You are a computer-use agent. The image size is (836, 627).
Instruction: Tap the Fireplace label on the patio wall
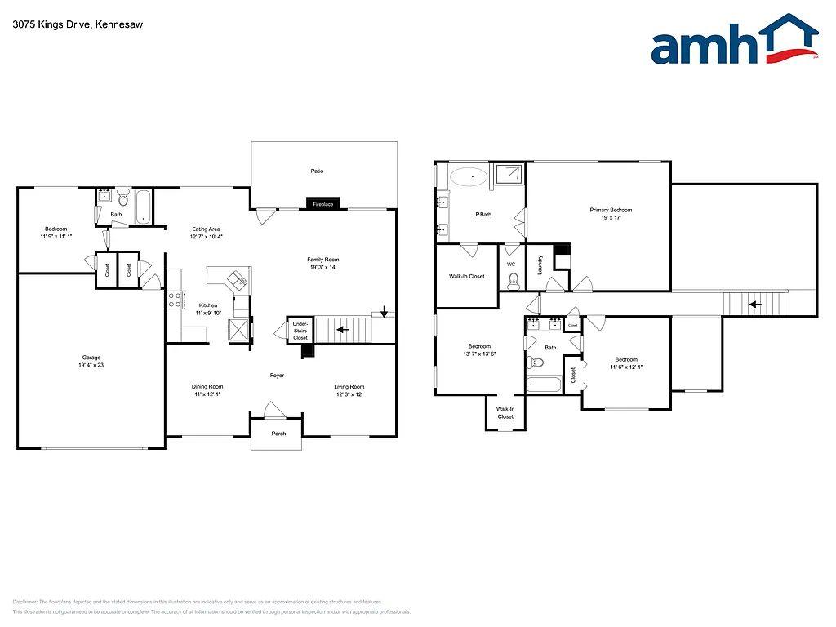[323, 204]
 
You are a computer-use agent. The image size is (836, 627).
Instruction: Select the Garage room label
[91, 357]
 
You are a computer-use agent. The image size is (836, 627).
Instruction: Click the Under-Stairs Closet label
[300, 331]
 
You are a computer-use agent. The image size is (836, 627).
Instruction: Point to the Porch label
[279, 434]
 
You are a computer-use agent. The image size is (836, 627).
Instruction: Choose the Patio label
[317, 171]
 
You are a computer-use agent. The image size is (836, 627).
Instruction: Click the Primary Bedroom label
[611, 210]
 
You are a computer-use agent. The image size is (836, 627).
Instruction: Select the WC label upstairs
[511, 265]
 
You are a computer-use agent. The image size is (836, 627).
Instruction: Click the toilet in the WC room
[514, 282]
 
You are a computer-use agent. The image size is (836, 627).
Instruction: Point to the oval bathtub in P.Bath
[469, 176]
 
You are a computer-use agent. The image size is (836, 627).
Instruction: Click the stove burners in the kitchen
[175, 300]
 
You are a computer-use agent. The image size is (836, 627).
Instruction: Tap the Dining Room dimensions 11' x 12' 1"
[207, 394]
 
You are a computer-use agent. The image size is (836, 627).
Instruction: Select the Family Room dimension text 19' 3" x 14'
[322, 267]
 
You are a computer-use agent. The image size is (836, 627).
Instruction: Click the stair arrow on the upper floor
[756, 305]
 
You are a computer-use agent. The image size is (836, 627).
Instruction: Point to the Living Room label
[349, 387]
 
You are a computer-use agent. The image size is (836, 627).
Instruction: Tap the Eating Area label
[206, 229]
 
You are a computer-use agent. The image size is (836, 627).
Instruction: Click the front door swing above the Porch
[273, 409]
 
